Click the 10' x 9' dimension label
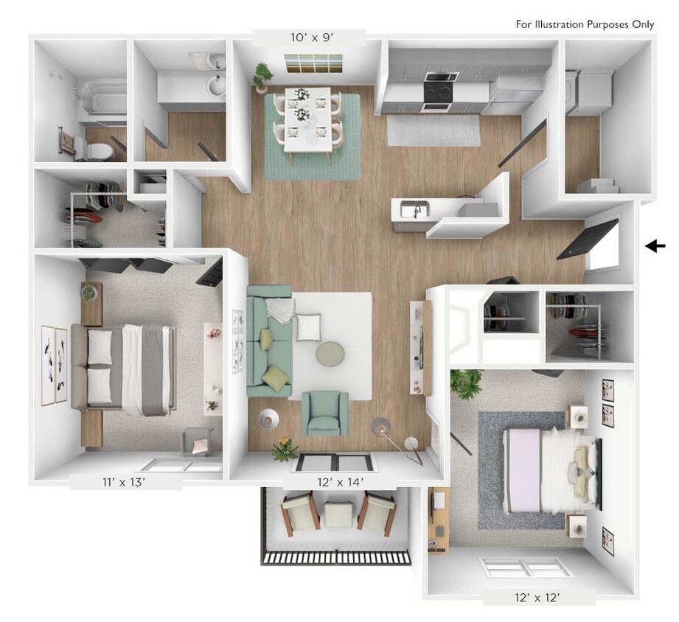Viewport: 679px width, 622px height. (x=309, y=37)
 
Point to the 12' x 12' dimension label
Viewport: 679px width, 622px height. (x=531, y=597)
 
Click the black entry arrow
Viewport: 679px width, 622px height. (x=655, y=246)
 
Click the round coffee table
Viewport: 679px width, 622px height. (x=330, y=354)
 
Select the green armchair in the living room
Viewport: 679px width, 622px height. (x=325, y=413)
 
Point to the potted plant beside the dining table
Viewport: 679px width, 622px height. (x=262, y=75)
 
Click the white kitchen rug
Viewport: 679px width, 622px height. (x=433, y=130)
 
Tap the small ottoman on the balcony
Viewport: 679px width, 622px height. (x=340, y=514)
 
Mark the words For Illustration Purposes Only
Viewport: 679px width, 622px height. (x=585, y=24)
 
